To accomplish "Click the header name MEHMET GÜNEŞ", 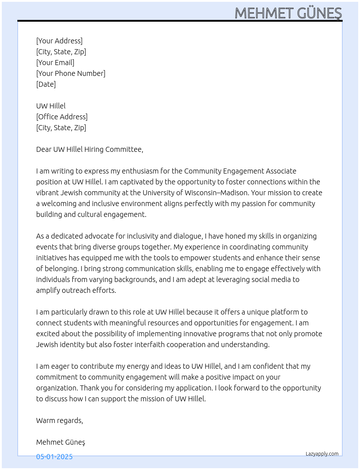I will [288, 13].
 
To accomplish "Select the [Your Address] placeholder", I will [59, 41].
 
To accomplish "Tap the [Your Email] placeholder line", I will [55, 63].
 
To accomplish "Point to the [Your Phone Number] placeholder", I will [71, 73].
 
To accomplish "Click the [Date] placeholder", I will [46, 84].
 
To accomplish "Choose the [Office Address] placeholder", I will [62, 117].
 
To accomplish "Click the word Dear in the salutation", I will [44, 149].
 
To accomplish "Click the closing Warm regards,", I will [60, 420].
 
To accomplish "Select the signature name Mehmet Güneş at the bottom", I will [61, 442].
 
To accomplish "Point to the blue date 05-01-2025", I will [55, 457].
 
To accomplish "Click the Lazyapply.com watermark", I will [322, 454].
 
